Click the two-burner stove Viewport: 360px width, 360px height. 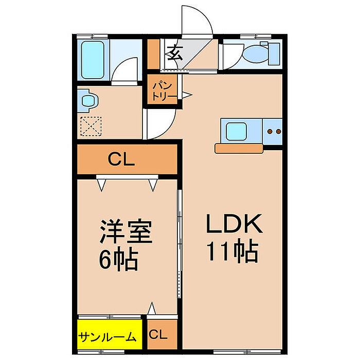coord(273,132)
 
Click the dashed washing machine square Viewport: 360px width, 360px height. coord(91,125)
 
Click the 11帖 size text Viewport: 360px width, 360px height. coord(232,250)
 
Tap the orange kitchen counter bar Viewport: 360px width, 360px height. coord(241,148)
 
